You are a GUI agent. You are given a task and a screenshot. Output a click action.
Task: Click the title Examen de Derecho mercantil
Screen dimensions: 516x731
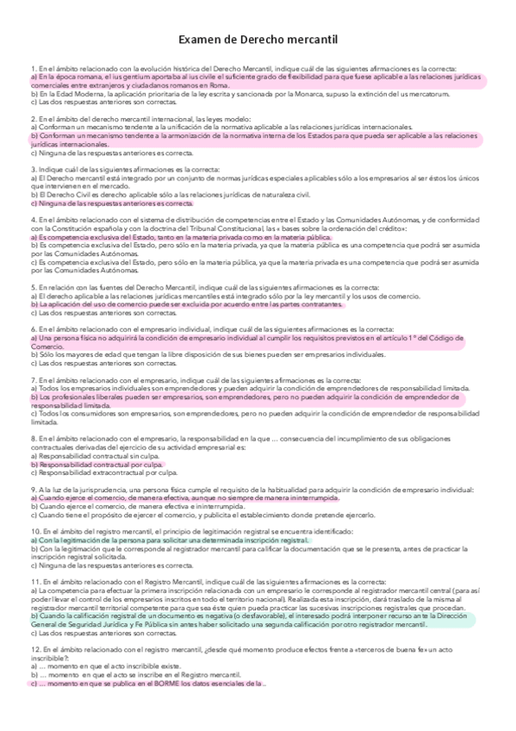click(x=258, y=40)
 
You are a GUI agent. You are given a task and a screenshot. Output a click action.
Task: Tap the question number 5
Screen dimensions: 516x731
click(x=34, y=287)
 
